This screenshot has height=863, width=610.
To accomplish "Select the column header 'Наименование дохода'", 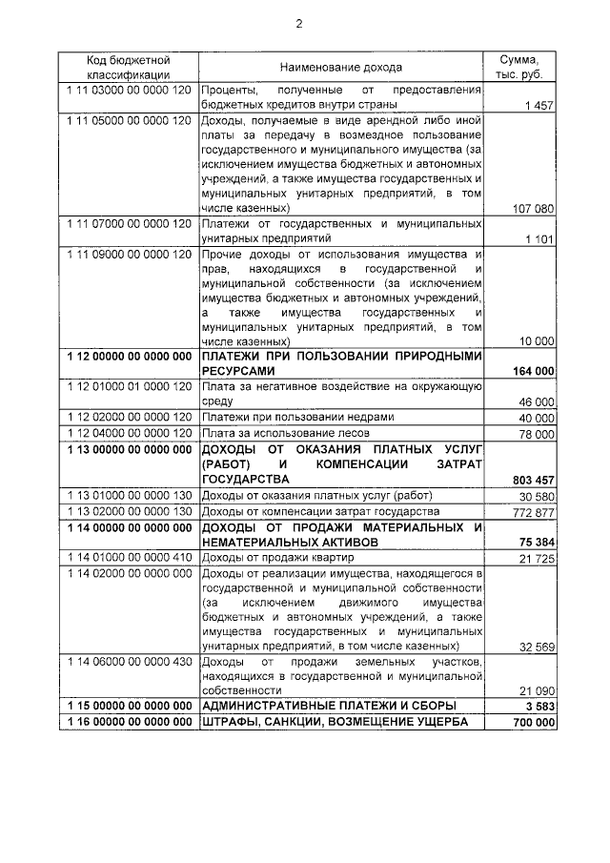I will point(340,68).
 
